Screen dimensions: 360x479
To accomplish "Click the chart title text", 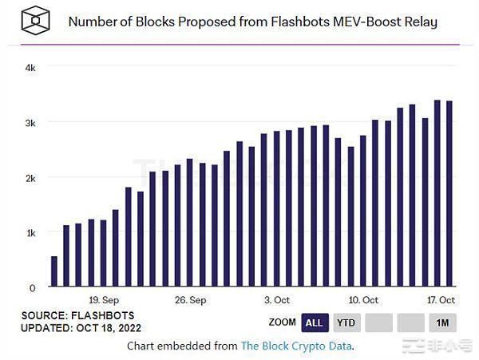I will click(x=252, y=22).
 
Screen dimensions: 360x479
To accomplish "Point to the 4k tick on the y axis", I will click(x=30, y=68).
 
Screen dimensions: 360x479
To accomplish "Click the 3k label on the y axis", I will click(x=30, y=123).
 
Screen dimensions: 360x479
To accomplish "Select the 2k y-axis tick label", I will click(x=30, y=177).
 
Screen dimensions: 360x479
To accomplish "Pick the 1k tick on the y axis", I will click(x=30, y=232).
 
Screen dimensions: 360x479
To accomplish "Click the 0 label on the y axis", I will click(x=33, y=287).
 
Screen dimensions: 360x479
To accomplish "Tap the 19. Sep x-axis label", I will click(x=105, y=300).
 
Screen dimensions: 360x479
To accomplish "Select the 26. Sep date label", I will click(x=190, y=300).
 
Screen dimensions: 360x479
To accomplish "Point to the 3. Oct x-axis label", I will click(x=276, y=300).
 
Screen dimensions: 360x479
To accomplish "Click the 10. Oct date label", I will click(x=362, y=300).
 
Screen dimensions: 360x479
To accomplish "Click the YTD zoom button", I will click(x=346, y=322).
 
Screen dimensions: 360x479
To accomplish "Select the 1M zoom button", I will click(x=441, y=322).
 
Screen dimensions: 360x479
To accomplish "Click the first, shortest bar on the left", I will click(x=54, y=271).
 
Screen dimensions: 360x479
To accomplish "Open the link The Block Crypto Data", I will click(x=296, y=346).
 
